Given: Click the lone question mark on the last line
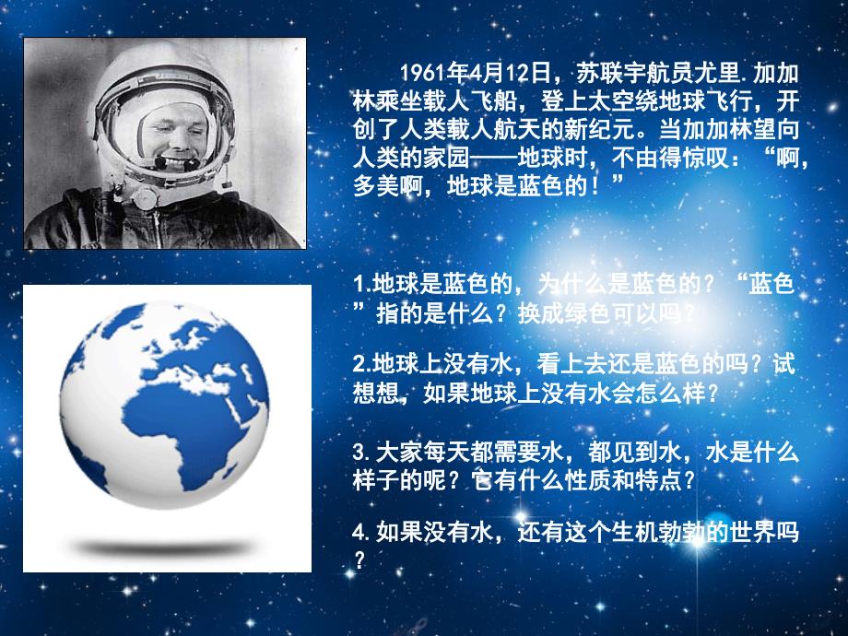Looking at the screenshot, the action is pyautogui.click(x=359, y=560).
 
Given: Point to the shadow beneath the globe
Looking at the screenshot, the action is pyautogui.click(x=165, y=548).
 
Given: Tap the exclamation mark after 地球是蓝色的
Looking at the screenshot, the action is pyautogui.click(x=596, y=186).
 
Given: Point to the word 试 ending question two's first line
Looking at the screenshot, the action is pyautogui.click(x=783, y=364).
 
